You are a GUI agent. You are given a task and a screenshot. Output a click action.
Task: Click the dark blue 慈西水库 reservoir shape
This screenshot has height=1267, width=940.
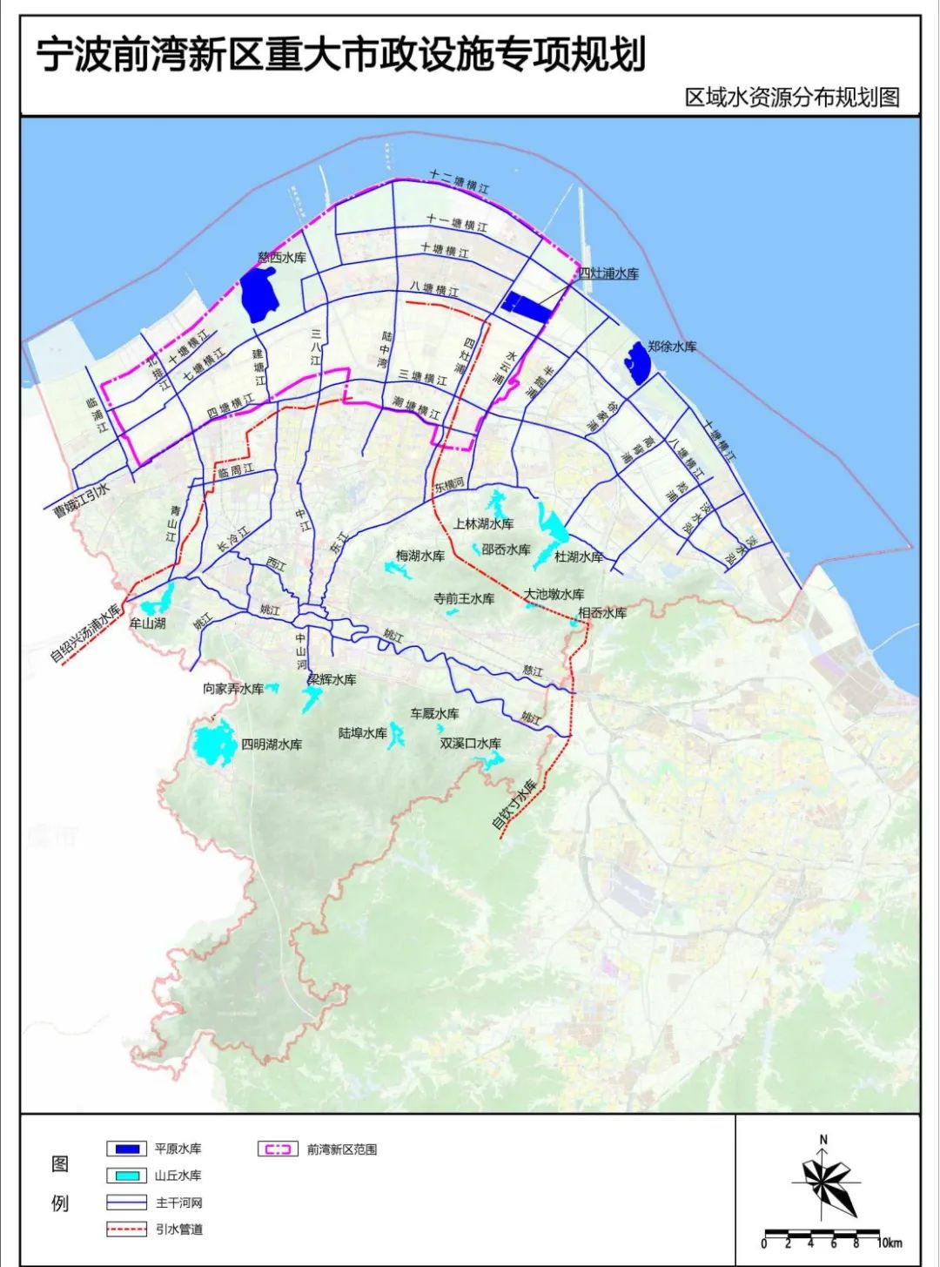tap(258, 293)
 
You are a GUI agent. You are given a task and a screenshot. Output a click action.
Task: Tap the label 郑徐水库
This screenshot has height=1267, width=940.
tap(672, 347)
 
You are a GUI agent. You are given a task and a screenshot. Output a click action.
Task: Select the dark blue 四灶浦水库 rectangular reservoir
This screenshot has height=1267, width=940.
tap(527, 306)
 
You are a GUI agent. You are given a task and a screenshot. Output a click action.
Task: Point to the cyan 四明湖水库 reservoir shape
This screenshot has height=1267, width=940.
tap(214, 743)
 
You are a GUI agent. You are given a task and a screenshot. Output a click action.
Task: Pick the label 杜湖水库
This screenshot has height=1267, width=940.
tap(579, 556)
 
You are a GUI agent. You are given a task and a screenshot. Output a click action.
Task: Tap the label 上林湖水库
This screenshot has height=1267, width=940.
tap(483, 524)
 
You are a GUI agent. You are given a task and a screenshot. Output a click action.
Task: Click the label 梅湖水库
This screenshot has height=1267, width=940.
tap(420, 556)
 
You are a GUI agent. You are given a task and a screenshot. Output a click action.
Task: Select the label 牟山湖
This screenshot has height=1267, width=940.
tap(147, 623)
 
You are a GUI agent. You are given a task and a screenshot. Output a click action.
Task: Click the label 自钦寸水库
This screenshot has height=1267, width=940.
tap(514, 805)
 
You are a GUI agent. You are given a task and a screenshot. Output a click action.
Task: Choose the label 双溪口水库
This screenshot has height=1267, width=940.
tap(470, 744)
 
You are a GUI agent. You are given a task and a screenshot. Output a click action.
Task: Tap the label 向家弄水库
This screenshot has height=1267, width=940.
tap(233, 689)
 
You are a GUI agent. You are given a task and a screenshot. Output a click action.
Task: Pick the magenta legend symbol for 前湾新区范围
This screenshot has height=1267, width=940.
tap(278, 1149)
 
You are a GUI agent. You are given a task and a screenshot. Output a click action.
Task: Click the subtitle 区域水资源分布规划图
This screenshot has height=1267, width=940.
tap(791, 97)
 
